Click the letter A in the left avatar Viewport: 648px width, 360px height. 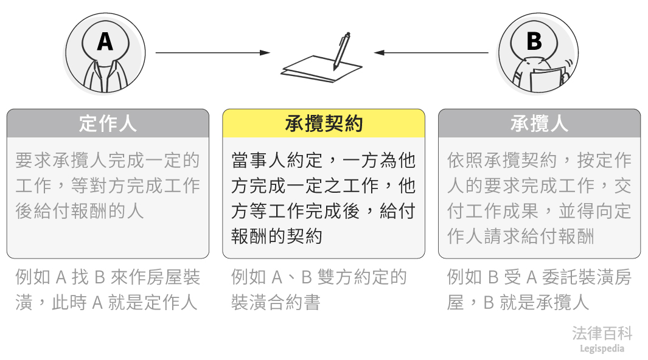(105, 41)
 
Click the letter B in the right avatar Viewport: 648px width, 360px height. (534, 41)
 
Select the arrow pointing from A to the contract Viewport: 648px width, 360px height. (212, 53)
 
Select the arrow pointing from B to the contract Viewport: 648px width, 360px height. (431, 53)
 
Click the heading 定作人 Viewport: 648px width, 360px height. (108, 123)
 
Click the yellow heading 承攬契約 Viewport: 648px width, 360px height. (324, 123)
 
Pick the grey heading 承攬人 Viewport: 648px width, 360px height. (539, 123)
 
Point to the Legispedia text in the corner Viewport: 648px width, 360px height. (602, 348)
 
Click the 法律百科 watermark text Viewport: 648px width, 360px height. (602, 333)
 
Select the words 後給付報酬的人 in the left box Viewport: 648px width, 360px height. (80, 211)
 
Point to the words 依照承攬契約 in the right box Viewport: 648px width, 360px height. (502, 161)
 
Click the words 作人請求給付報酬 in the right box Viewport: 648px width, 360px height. (520, 236)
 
